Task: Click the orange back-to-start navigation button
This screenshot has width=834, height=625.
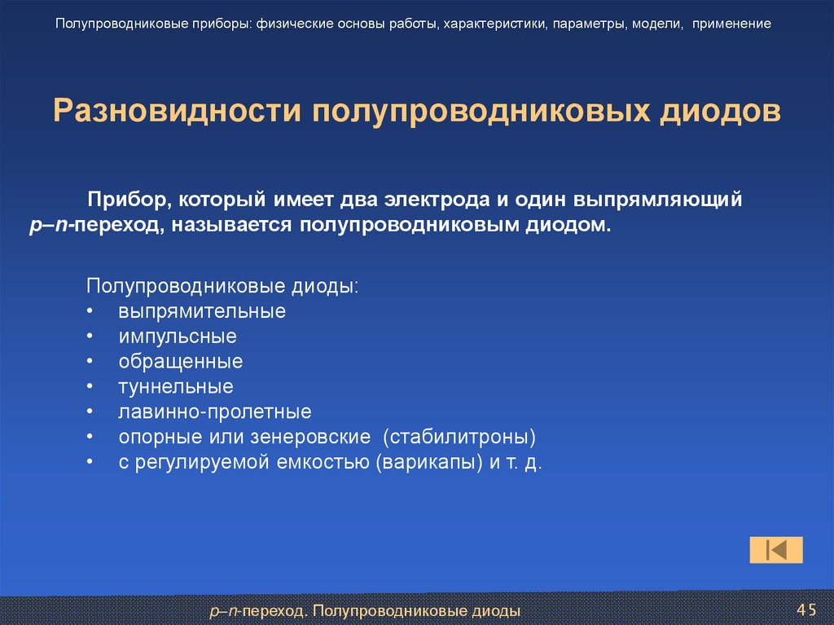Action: (775, 550)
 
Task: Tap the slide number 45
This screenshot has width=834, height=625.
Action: (805, 610)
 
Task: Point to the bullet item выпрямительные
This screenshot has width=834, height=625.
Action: (201, 311)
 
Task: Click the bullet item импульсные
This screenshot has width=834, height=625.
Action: (177, 336)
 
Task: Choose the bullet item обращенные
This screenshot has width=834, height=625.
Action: (180, 361)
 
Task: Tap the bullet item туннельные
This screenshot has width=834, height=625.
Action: (175, 386)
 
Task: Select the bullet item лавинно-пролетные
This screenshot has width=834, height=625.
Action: (214, 412)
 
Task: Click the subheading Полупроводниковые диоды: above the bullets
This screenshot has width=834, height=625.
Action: (222, 287)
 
